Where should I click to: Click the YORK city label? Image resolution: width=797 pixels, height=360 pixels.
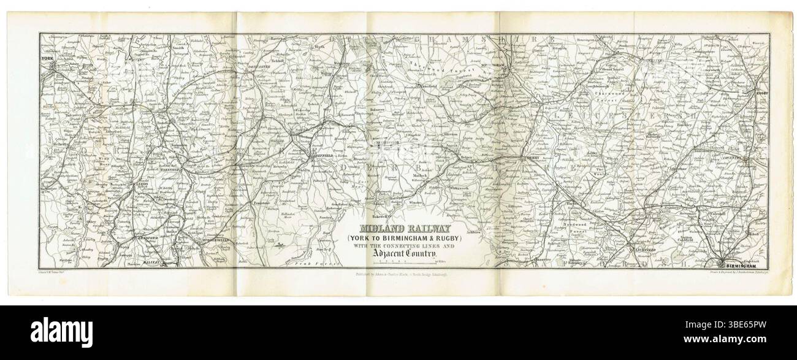point(48,59)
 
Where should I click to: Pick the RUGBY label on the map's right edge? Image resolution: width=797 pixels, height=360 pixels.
point(760,94)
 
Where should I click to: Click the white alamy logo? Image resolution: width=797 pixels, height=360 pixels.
point(62,332)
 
